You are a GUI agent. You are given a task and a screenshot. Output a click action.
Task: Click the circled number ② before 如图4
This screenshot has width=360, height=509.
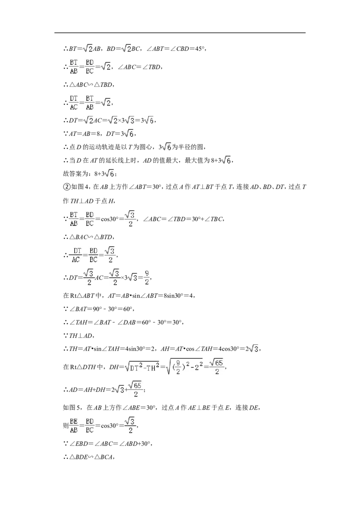(66, 187)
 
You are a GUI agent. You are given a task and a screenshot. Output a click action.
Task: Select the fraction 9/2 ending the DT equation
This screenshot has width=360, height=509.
(147, 277)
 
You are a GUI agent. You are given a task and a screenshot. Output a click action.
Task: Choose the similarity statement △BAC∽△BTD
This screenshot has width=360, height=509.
(91, 237)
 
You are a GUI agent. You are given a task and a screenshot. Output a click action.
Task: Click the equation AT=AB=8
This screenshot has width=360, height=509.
(85, 134)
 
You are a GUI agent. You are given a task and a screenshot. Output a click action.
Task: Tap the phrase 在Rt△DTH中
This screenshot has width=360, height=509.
(83, 367)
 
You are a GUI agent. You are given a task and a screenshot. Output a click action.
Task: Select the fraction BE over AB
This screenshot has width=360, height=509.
(74, 425)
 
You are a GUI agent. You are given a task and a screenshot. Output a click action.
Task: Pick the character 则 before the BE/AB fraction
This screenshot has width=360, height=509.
(66, 425)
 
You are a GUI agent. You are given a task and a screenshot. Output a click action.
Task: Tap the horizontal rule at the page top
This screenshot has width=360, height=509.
(180, 33)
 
